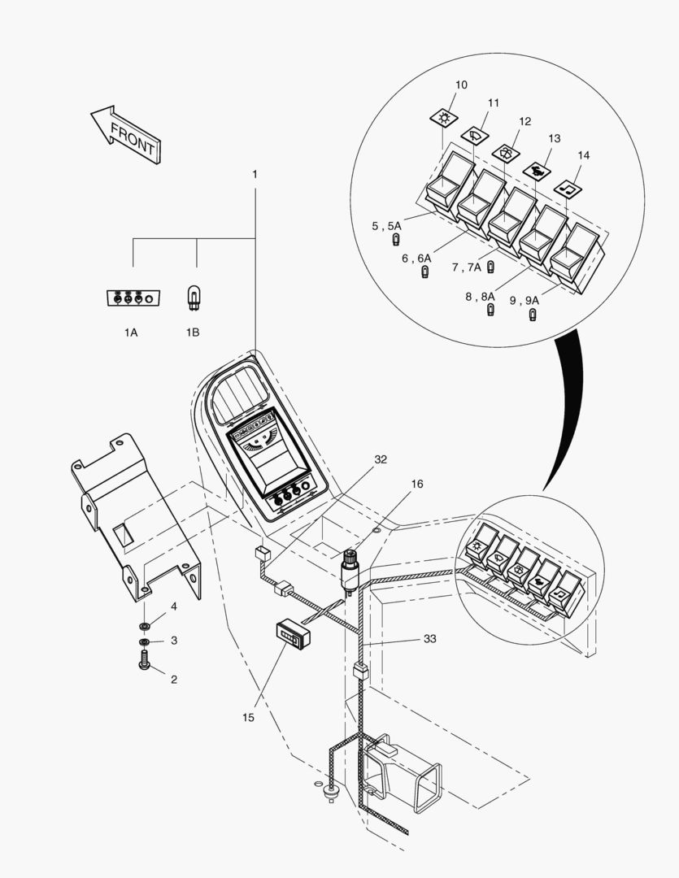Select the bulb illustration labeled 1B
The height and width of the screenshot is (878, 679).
point(194,298)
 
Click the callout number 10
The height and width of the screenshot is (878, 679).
point(461,85)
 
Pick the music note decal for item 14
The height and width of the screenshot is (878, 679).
point(568,187)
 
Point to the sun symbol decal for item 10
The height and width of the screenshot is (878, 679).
point(444,119)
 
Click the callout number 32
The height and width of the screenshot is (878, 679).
point(381,459)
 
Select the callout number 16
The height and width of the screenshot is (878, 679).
point(417,484)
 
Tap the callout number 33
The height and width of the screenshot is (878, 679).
point(429,639)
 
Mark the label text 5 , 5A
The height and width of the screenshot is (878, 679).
point(386,226)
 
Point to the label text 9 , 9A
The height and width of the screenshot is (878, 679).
point(524,300)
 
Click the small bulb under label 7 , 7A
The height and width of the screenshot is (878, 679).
point(491,267)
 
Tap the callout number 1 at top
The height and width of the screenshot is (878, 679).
point(255,174)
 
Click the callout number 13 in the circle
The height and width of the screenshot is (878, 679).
point(555,138)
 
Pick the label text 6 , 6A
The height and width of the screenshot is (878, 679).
point(416,259)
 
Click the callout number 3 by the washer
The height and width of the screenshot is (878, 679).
point(173,641)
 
